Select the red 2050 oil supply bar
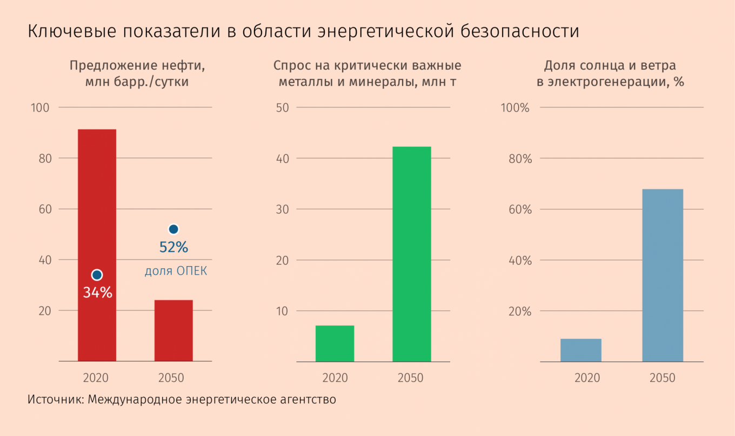click(173, 330)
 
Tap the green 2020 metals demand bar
click(335, 343)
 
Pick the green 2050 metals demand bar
click(411, 254)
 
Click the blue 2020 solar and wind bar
click(580, 350)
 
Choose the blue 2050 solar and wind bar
click(662, 275)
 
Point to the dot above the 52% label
click(173, 229)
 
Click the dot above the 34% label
click(97, 275)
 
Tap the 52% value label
click(173, 248)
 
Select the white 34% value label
click(97, 293)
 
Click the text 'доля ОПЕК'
click(176, 271)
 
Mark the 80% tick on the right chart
click(520, 159)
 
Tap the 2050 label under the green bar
click(411, 378)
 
